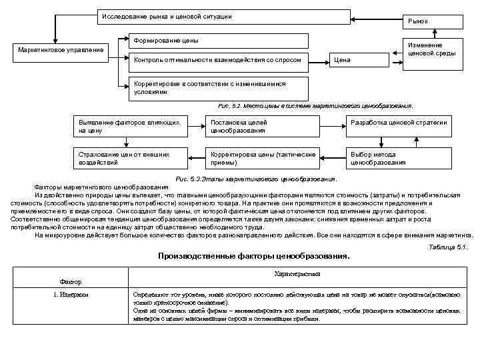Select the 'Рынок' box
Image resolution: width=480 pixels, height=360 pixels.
click(431, 21)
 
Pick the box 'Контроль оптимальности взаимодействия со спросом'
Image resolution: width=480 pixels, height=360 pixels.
click(217, 61)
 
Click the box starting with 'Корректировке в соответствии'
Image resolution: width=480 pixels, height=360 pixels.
click(217, 87)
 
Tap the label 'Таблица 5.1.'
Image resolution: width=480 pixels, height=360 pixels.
click(451, 247)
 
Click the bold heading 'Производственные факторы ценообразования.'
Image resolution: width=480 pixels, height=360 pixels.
click(253, 256)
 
